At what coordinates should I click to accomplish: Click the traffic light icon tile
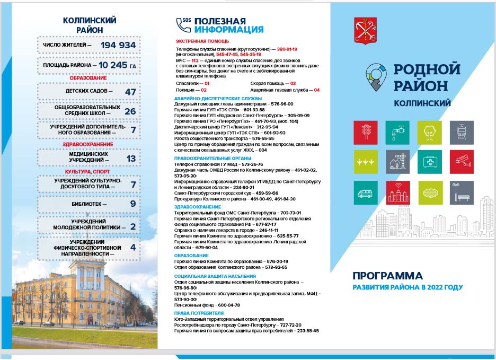click(366, 133)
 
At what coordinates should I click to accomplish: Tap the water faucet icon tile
click(397, 133)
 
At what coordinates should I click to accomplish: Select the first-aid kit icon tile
click(429, 162)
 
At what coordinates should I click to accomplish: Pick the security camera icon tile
click(462, 162)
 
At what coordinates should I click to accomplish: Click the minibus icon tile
click(366, 192)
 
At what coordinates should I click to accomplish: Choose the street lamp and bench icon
click(462, 192)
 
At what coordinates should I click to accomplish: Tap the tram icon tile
click(462, 133)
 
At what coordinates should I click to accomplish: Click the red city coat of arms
click(365, 31)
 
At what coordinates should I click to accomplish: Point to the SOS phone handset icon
click(183, 24)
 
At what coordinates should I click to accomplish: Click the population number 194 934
click(118, 46)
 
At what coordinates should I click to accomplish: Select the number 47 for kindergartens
click(130, 91)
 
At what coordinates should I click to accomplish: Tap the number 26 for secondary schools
click(130, 111)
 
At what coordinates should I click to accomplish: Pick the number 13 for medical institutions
click(131, 158)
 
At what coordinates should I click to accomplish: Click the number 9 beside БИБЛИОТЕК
click(133, 204)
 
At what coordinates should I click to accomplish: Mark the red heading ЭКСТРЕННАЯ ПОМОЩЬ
click(202, 41)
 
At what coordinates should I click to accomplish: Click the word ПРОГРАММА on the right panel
click(387, 276)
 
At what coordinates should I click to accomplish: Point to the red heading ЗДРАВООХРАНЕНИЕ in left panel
click(88, 144)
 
